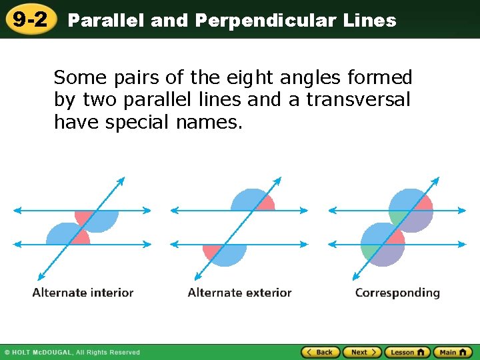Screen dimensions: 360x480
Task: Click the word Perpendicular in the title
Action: (266, 21)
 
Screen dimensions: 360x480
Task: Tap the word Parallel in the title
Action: (106, 21)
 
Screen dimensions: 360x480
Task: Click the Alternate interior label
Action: (83, 293)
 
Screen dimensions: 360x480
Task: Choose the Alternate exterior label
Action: (239, 293)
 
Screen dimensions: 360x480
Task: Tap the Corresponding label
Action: (397, 293)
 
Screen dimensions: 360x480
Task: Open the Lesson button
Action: (407, 352)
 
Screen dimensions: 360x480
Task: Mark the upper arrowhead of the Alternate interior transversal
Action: (122, 179)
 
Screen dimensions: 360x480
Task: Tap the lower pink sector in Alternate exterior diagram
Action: (213, 251)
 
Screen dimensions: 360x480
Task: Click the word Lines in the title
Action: (370, 21)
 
